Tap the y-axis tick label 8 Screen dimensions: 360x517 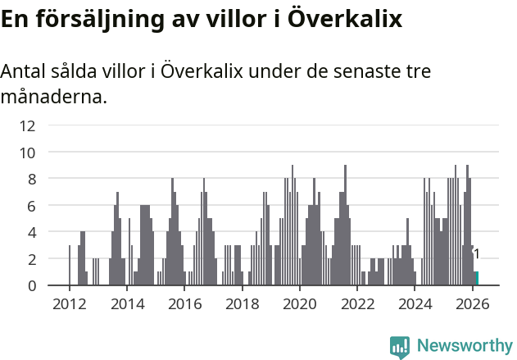[31, 179]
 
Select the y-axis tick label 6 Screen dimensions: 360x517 [31, 206]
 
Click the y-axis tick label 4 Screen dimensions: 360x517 [31, 232]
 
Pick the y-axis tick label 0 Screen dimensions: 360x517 [31, 285]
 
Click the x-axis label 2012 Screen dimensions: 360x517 [69, 303]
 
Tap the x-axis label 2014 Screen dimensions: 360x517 [126, 303]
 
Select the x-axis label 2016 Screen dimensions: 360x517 [184, 303]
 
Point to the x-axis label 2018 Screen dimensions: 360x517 [242, 303]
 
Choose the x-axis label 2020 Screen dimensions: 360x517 [299, 303]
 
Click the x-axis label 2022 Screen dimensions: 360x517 [357, 303]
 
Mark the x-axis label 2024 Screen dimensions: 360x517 [415, 303]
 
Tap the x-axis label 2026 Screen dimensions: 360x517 [472, 303]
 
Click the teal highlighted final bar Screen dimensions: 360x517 [476, 279]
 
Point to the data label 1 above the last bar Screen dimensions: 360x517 [476, 254]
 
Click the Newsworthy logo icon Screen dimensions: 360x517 [400, 347]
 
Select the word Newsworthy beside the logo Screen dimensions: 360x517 [464, 346]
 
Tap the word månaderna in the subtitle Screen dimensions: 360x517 [53, 98]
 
